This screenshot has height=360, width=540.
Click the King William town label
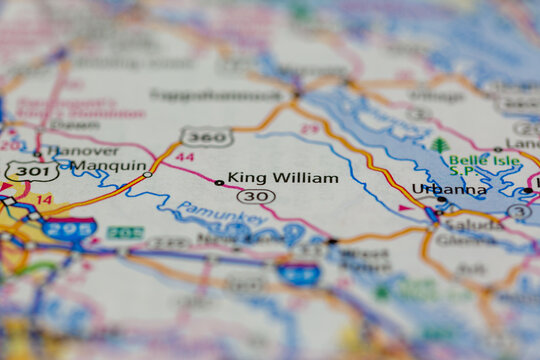click(283, 178)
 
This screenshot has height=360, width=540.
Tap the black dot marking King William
click(219, 183)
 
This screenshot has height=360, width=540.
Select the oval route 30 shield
click(256, 197)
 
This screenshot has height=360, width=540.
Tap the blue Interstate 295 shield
click(71, 229)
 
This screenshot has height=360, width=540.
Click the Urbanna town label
click(449, 188)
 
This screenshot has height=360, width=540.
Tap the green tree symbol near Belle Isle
click(440, 145)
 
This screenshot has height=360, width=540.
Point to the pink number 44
click(184, 157)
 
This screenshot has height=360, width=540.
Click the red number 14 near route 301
click(44, 200)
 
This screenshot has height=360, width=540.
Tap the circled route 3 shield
click(518, 211)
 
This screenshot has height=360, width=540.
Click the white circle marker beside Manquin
click(147, 175)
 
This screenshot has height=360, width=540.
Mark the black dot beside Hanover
click(38, 154)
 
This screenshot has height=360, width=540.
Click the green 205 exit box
click(125, 233)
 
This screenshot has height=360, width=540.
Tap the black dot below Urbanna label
click(441, 199)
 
